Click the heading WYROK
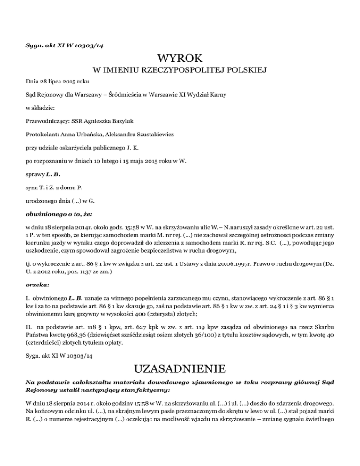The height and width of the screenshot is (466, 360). (x=180, y=59)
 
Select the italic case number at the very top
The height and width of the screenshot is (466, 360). (x=64, y=45)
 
